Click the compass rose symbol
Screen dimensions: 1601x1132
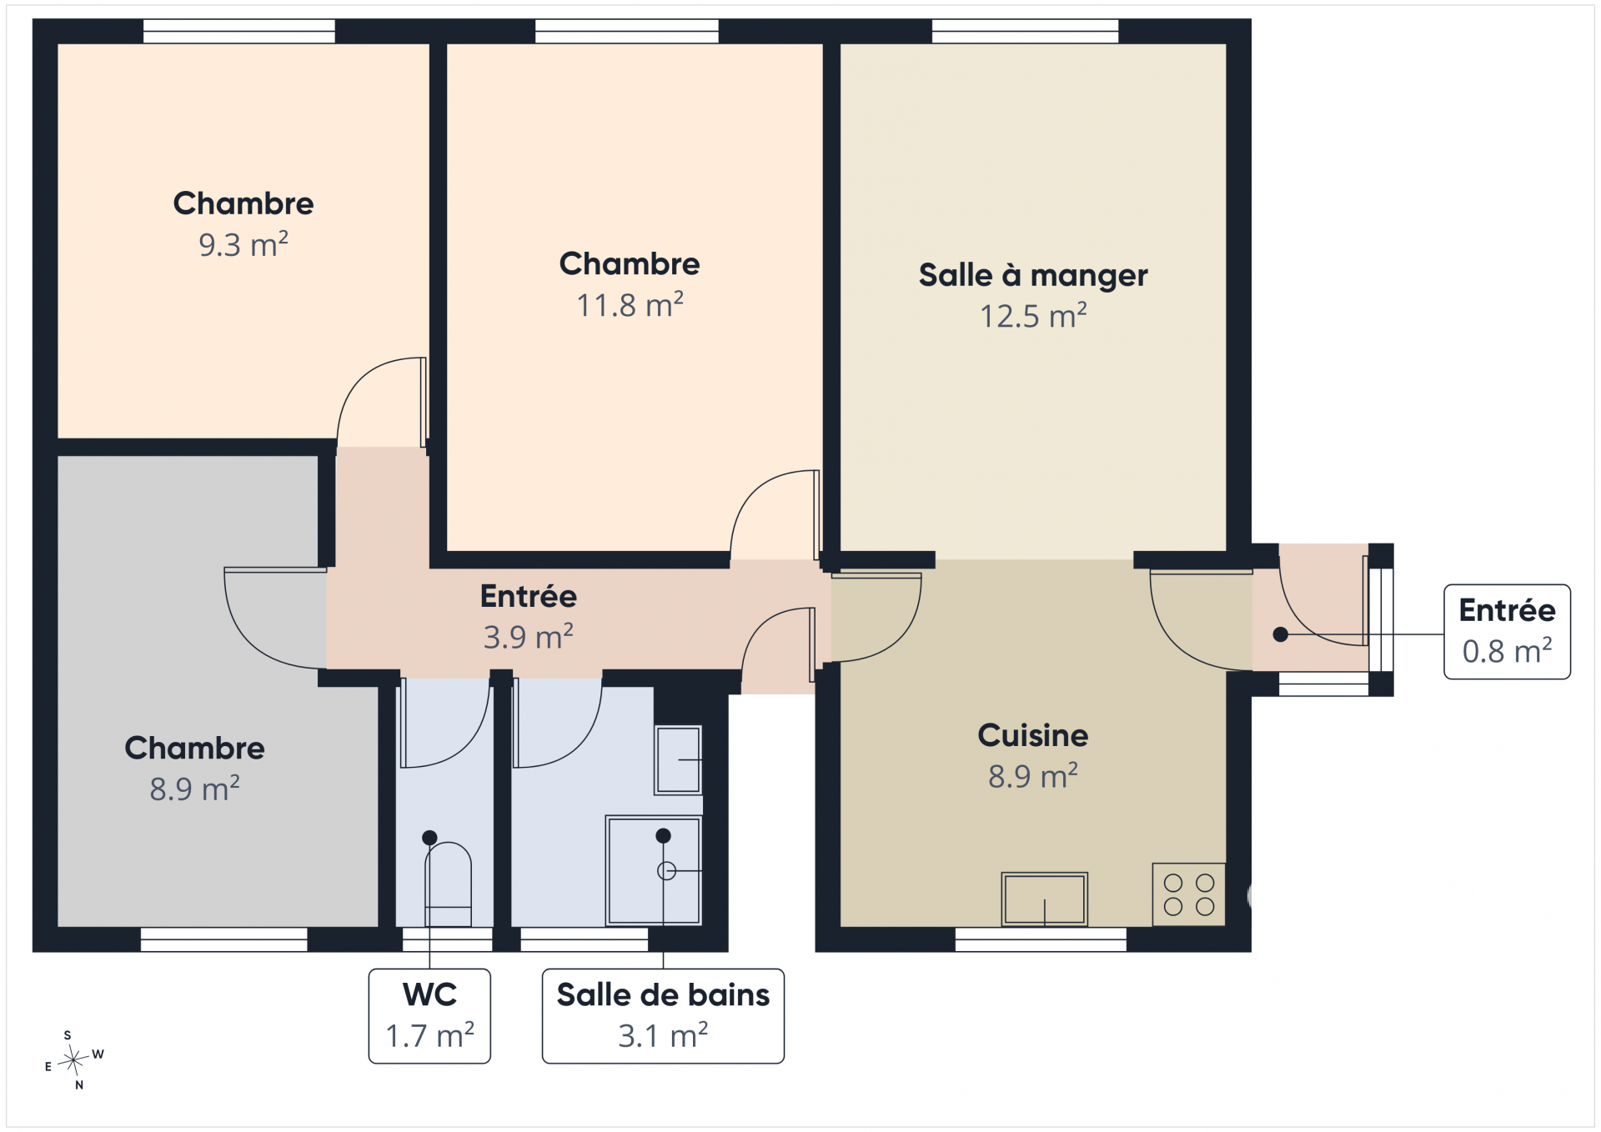tap(74, 1060)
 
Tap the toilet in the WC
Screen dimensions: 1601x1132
tap(448, 884)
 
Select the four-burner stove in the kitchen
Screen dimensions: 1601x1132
tap(1189, 894)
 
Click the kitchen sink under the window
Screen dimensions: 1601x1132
tap(1044, 899)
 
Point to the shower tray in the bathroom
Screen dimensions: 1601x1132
tap(654, 870)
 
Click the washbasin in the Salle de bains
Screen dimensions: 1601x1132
tap(678, 759)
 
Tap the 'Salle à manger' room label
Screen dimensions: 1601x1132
tap(1033, 275)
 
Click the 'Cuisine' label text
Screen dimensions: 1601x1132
tap(1033, 735)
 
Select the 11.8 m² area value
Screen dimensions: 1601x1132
tap(630, 305)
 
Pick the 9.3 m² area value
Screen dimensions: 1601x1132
tap(243, 244)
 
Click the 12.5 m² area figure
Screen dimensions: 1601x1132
tap(1033, 316)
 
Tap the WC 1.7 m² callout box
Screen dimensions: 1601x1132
tap(429, 1015)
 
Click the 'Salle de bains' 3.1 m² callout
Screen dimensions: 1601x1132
tap(663, 1015)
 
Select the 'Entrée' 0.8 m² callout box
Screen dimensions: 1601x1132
tap(1507, 631)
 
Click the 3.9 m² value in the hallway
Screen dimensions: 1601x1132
tap(529, 637)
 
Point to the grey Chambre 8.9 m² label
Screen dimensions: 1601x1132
tap(194, 768)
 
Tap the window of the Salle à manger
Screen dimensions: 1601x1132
tap(1025, 31)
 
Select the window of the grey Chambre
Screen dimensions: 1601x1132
tap(223, 939)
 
